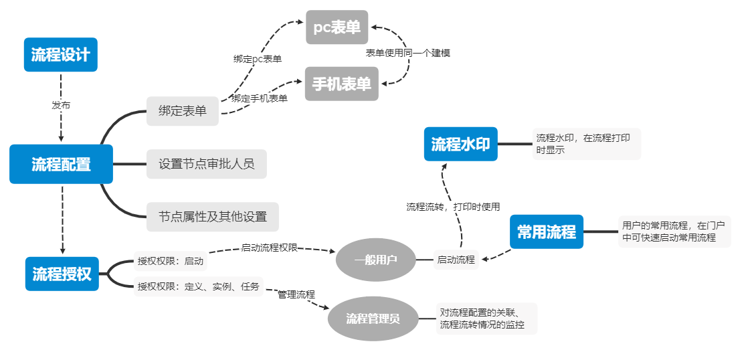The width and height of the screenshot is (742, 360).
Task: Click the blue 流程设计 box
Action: [61, 54]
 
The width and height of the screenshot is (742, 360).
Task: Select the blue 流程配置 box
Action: [61, 164]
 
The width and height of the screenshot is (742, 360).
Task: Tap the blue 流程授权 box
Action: [62, 274]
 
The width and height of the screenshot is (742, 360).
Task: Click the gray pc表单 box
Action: [337, 27]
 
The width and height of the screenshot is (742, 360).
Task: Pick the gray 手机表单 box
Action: [341, 84]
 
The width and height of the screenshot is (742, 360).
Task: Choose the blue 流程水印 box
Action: [460, 144]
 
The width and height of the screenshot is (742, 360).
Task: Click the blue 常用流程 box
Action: [546, 232]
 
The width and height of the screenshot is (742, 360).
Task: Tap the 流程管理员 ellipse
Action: [373, 319]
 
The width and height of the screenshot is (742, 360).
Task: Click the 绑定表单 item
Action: [183, 111]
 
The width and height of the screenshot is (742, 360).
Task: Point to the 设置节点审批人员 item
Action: [206, 164]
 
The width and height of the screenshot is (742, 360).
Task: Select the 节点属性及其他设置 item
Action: [212, 217]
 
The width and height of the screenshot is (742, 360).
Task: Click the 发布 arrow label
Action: [61, 105]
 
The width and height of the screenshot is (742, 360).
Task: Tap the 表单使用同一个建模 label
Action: [407, 52]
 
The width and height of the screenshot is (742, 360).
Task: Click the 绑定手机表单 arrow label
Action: [260, 98]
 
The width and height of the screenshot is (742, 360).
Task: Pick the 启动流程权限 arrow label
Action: [270, 248]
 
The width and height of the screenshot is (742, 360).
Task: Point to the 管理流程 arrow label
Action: [296, 294]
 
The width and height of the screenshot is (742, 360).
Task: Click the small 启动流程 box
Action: [456, 260]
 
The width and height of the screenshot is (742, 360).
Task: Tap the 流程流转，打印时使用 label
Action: [453, 207]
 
